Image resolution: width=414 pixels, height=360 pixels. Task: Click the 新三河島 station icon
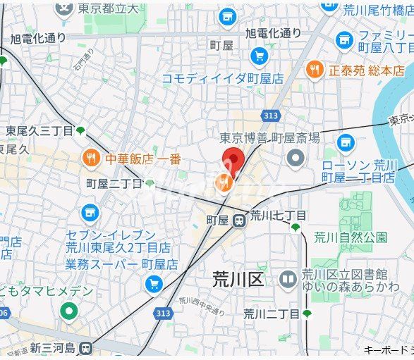86,348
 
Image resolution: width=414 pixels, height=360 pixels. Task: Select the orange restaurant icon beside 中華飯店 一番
90,159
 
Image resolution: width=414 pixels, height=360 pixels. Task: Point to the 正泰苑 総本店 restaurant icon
315,70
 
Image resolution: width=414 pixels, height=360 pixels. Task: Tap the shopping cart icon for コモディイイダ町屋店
259,56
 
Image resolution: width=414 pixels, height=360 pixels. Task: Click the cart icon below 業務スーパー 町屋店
153,284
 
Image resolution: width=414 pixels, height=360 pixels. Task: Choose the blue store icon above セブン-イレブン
90,211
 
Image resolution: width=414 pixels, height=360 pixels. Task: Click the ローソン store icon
345,144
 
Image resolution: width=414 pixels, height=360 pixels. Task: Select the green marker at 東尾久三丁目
80,130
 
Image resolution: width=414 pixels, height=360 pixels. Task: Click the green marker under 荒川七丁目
296,227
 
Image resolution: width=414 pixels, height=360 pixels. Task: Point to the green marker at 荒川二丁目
307,313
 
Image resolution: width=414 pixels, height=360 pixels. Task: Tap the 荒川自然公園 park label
351,237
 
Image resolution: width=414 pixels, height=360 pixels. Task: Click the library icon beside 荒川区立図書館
287,280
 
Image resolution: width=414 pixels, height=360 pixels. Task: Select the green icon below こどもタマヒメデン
68,311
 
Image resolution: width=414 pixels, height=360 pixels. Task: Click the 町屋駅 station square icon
239,221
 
